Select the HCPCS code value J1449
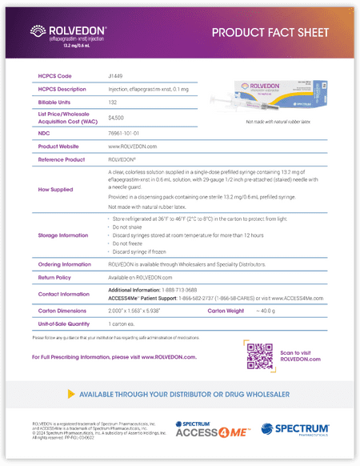point(116,75)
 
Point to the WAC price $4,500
point(116,118)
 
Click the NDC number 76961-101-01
point(124,133)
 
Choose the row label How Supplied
point(55,190)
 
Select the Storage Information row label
point(63,235)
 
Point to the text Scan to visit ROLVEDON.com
point(301,356)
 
